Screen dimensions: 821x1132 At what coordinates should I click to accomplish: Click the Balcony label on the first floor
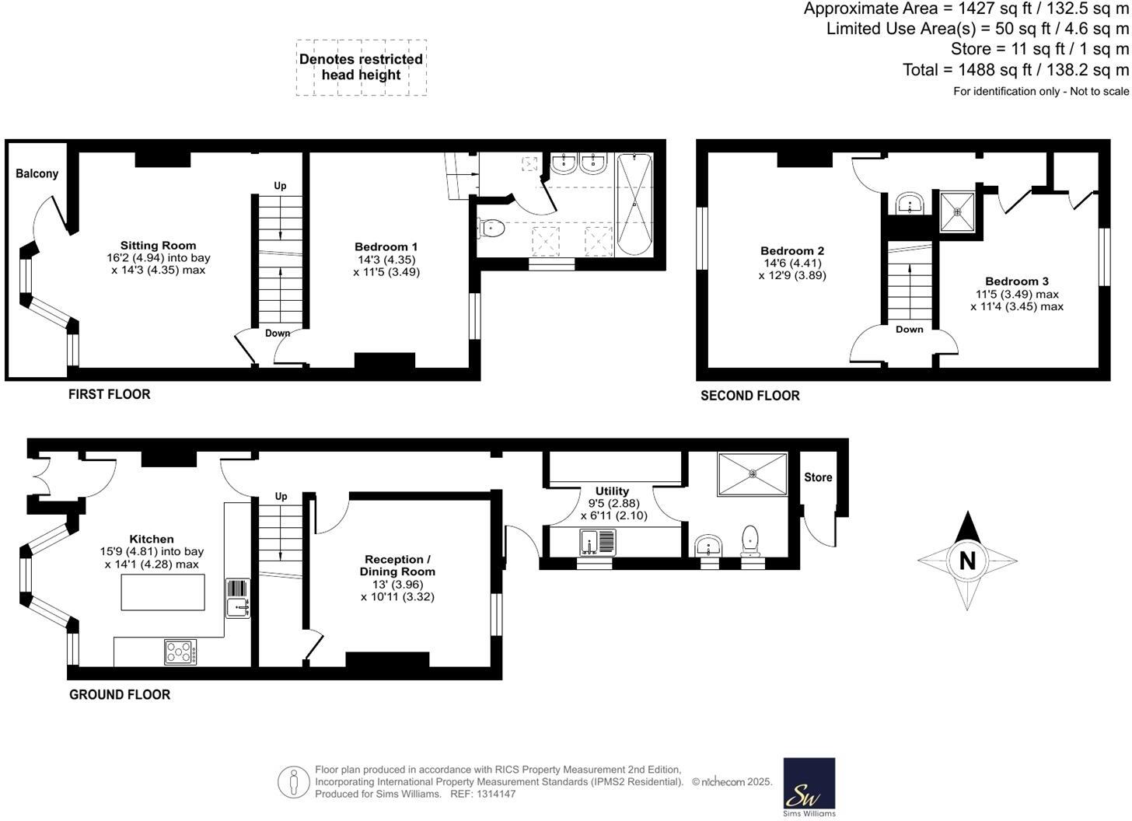pyautogui.click(x=37, y=173)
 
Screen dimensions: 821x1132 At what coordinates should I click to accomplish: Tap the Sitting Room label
pyautogui.click(x=158, y=245)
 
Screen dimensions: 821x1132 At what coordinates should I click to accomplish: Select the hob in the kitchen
pyautogui.click(x=180, y=652)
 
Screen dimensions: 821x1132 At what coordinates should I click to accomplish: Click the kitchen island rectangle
pyautogui.click(x=163, y=592)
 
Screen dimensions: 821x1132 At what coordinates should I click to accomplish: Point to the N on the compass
pyautogui.click(x=967, y=561)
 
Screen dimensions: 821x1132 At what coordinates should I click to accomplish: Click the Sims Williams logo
pyautogui.click(x=809, y=787)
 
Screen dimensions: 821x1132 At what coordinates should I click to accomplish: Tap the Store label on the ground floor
pyautogui.click(x=818, y=477)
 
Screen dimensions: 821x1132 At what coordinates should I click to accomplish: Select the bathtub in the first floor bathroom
pyautogui.click(x=634, y=204)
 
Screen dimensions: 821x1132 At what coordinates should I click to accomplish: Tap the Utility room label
pyautogui.click(x=612, y=491)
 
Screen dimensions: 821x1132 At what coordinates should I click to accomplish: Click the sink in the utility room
pyautogui.click(x=597, y=540)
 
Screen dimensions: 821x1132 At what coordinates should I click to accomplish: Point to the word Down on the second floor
pyautogui.click(x=909, y=329)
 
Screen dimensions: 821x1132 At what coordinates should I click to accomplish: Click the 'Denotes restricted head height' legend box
pyautogui.click(x=361, y=68)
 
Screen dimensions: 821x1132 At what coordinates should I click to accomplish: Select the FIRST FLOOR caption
pyautogui.click(x=109, y=394)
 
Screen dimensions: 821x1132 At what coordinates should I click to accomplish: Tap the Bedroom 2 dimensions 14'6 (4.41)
pyautogui.click(x=792, y=263)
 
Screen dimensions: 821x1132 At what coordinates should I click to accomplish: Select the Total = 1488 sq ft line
pyautogui.click(x=1015, y=70)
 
